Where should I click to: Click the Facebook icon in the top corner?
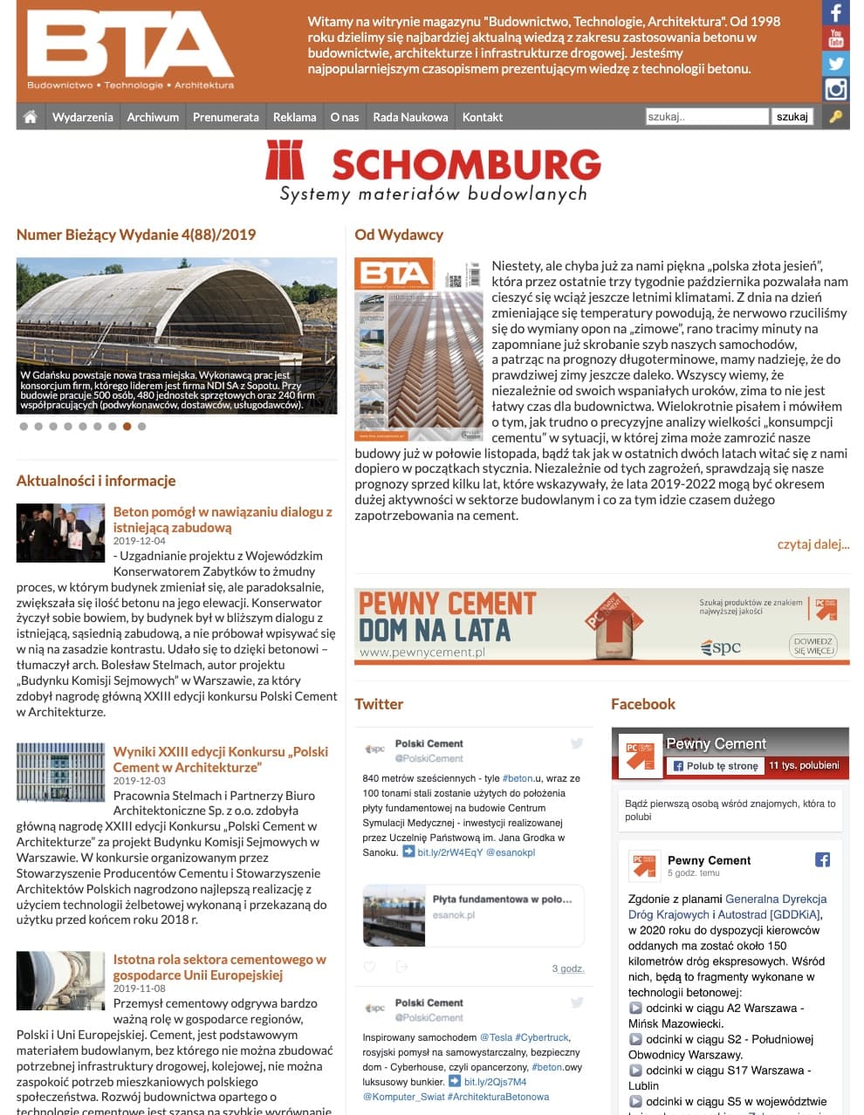[835, 13]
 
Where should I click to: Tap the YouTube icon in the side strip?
[835, 38]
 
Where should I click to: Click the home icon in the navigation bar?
[31, 117]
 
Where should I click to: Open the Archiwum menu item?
[153, 117]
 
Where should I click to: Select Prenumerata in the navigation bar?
[225, 117]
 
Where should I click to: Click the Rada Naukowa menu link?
[410, 117]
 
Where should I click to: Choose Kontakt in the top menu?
[483, 117]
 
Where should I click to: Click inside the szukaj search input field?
[706, 117]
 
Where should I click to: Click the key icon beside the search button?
[835, 117]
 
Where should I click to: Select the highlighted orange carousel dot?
[127, 427]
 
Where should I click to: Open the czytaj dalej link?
[813, 544]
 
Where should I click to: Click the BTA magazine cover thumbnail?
[418, 349]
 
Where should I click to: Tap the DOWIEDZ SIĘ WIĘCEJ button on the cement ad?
[813, 646]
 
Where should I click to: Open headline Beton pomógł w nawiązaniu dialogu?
[223, 519]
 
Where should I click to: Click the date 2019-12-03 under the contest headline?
[140, 781]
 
